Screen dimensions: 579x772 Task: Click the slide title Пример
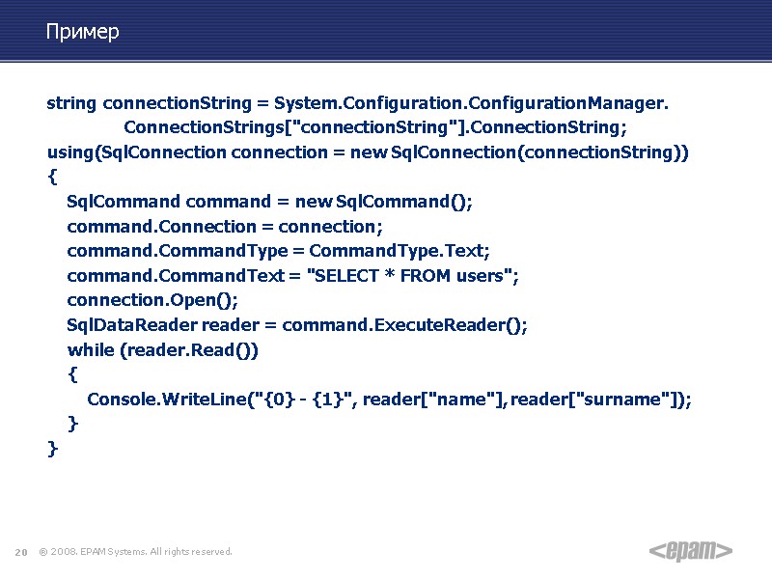[x=82, y=33]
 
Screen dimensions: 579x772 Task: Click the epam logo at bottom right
[x=691, y=550]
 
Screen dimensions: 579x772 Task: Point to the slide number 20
[x=20, y=552]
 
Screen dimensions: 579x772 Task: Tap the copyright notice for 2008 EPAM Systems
[x=136, y=552]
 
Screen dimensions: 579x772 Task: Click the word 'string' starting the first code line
[x=71, y=103]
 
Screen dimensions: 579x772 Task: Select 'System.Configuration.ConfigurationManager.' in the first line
[x=471, y=103]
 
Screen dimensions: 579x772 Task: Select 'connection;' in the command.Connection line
[x=330, y=227]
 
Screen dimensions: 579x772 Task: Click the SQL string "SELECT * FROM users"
[x=408, y=276]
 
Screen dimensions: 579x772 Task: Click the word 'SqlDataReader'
[x=131, y=325]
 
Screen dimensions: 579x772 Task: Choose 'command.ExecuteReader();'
[x=405, y=325]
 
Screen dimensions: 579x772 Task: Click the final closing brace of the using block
[x=52, y=449]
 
